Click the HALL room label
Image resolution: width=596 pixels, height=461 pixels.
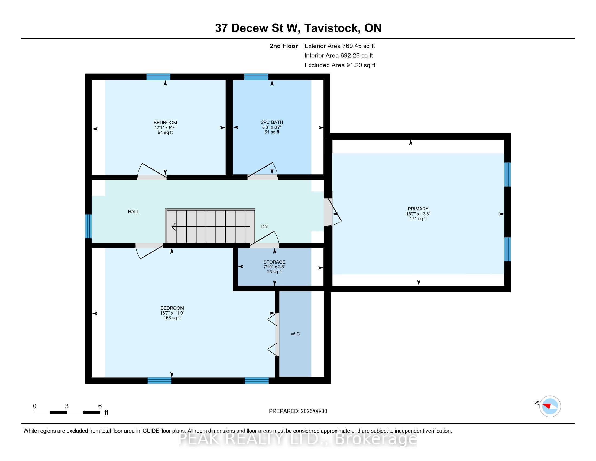(x=134, y=212)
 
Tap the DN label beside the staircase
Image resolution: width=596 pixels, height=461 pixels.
(x=264, y=227)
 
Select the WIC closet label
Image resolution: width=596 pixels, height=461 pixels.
(x=295, y=334)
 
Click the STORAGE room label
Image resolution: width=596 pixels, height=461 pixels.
(x=274, y=262)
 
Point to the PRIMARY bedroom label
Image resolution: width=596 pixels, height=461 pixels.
(x=418, y=209)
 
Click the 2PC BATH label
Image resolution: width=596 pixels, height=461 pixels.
(x=272, y=122)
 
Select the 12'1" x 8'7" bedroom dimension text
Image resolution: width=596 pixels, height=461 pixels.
(x=165, y=127)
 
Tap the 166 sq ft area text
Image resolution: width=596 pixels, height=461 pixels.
(x=172, y=318)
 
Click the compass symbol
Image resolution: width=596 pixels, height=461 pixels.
(x=550, y=406)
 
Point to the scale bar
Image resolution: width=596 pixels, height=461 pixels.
(x=67, y=413)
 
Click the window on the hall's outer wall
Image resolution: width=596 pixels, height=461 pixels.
(x=88, y=226)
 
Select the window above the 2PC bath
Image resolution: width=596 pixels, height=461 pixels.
(x=256, y=77)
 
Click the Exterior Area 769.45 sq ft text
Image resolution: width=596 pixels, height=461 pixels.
(x=340, y=46)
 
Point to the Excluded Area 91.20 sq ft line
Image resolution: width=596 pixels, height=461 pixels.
(x=340, y=65)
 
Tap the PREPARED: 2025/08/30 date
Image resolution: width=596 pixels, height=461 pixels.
(x=298, y=411)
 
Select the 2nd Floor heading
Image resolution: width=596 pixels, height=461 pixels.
(x=284, y=46)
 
